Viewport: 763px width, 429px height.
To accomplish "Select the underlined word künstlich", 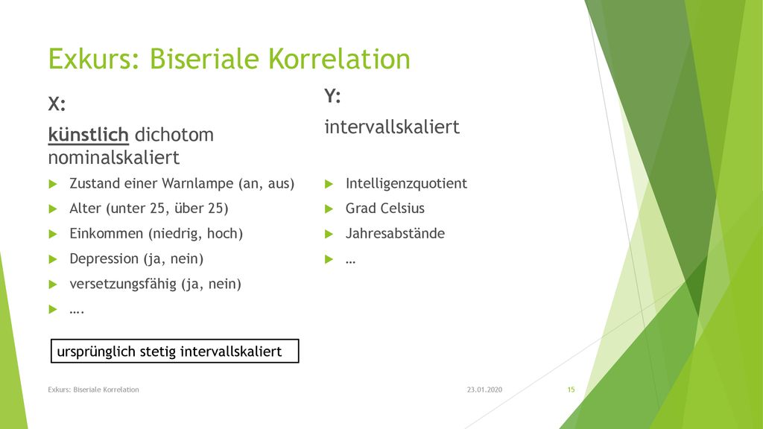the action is tap(88, 135).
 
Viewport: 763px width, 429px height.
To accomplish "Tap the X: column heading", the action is tap(57, 104).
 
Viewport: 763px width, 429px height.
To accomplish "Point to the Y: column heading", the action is tap(333, 96).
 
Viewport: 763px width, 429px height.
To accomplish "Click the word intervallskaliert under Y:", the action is tap(392, 127).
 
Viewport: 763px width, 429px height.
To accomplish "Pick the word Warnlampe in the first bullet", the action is tap(197, 183).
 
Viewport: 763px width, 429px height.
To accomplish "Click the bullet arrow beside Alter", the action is tap(53, 209).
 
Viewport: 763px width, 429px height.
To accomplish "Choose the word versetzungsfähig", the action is tap(123, 284).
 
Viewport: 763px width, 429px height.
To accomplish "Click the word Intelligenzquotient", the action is tap(406, 183).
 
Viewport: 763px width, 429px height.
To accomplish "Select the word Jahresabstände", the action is tap(395, 233).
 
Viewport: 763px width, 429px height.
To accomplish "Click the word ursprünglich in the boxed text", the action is tap(96, 352).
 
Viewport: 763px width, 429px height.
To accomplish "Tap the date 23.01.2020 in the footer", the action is tap(484, 390).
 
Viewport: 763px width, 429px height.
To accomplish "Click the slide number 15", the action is tap(571, 390).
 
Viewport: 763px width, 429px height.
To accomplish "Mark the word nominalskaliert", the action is tap(114, 158).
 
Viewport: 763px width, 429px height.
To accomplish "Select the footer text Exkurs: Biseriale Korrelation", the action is tap(93, 390).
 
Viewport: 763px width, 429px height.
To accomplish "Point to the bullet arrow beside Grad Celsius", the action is tap(329, 209).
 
